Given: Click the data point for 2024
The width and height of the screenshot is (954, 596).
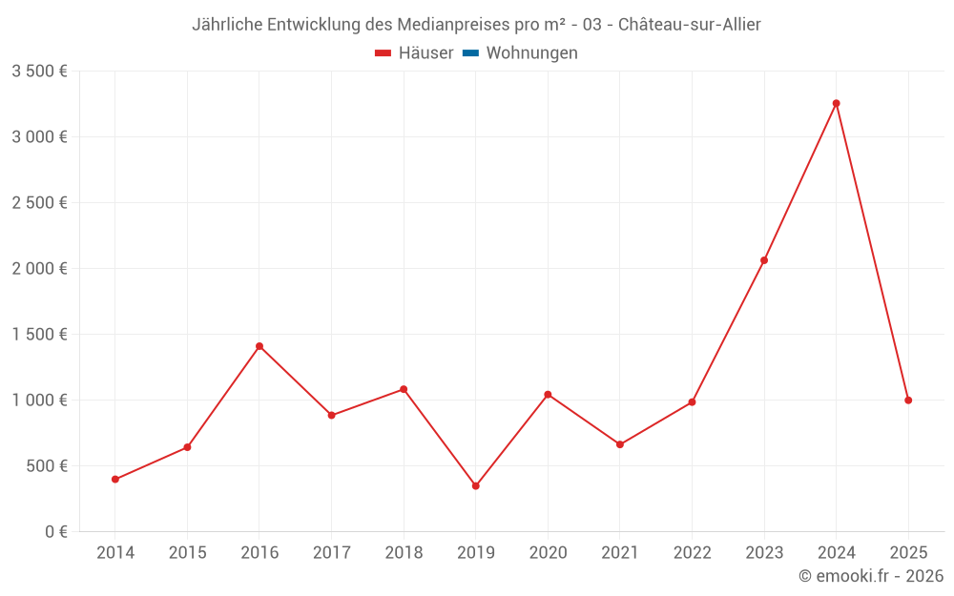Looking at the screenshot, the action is [x=836, y=103].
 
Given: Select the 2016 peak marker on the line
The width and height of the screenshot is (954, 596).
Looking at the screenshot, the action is [x=259, y=346].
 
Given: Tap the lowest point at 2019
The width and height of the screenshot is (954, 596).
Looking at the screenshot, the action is [x=476, y=486].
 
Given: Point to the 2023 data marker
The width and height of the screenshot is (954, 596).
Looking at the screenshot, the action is [x=764, y=260].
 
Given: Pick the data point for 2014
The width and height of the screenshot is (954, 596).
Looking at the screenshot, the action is [x=115, y=480].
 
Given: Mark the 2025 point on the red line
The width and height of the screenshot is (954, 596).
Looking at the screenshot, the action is [x=908, y=401].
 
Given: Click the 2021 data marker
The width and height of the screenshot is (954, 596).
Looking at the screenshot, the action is [x=620, y=444].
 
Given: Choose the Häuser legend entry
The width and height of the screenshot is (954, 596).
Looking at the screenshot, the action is [x=414, y=52].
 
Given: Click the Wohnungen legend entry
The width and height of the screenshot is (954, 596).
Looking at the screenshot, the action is [x=520, y=52].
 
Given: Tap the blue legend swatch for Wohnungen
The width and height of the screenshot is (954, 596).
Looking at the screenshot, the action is [x=471, y=52].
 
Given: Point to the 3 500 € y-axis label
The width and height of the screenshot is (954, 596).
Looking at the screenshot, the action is [x=39, y=72].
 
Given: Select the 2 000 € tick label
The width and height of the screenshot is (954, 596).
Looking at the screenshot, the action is [x=39, y=268].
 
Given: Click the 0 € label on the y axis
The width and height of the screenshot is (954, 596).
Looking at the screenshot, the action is [x=56, y=531].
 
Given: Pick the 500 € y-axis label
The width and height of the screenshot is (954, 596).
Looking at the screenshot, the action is [x=46, y=466].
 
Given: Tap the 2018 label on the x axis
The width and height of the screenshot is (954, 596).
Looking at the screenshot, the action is [x=404, y=552].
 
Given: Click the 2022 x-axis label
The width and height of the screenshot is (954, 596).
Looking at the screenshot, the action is [x=693, y=552].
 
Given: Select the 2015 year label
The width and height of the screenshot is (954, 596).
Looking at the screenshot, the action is [x=187, y=552].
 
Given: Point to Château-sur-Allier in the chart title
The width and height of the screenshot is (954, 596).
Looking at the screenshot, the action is [x=690, y=25].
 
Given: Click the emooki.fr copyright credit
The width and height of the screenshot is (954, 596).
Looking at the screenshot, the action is [x=871, y=575].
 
